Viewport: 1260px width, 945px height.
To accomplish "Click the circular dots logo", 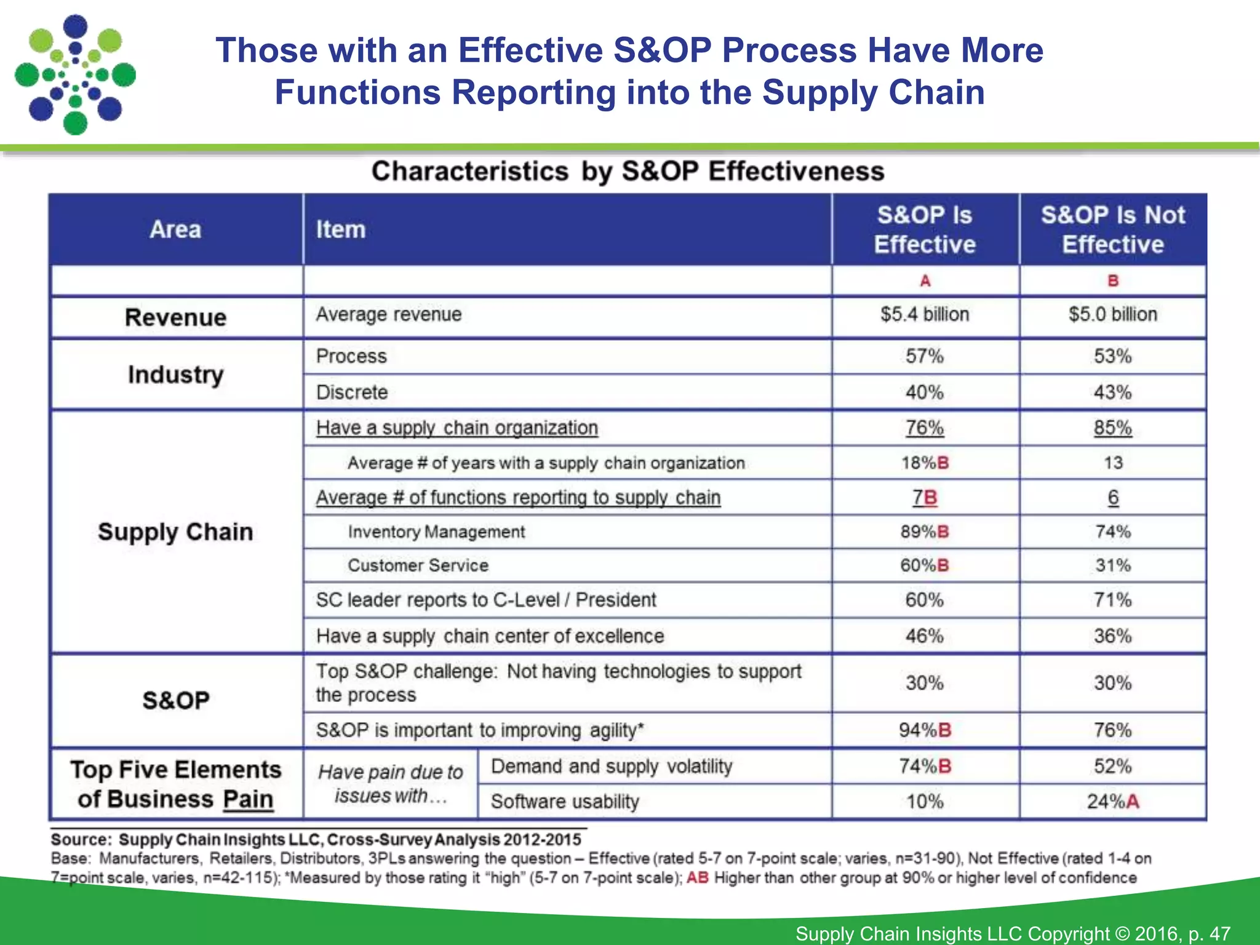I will [75, 75].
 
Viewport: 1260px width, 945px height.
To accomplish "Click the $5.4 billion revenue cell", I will [924, 314].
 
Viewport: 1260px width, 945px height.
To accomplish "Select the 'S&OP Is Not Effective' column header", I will [1112, 229].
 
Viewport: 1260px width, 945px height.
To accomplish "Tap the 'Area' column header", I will [175, 229].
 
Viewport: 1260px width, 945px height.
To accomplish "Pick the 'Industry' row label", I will [175, 374].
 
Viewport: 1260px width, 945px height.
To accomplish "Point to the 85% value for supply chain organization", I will [1112, 428].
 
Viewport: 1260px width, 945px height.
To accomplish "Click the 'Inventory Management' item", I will [436, 532].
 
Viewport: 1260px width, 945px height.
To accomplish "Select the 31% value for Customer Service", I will [1112, 565].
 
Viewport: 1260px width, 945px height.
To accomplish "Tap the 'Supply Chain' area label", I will [175, 532].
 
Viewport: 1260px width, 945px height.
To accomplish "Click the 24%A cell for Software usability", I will [1112, 801].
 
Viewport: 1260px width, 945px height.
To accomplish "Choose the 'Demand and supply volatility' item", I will [612, 767].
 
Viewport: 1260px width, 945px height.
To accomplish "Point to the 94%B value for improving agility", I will [924, 730].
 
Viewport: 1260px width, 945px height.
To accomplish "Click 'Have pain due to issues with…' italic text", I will [390, 784].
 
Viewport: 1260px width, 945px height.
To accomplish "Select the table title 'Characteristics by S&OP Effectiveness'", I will [628, 171].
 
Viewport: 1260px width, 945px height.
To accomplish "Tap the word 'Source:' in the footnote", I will [81, 840].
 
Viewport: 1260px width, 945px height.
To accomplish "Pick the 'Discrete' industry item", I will [352, 392].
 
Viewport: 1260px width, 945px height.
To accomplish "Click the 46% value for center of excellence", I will [924, 636].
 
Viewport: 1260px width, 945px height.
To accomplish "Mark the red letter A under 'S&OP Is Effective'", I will [925, 281].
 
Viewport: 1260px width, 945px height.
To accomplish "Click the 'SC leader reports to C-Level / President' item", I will [486, 600].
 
